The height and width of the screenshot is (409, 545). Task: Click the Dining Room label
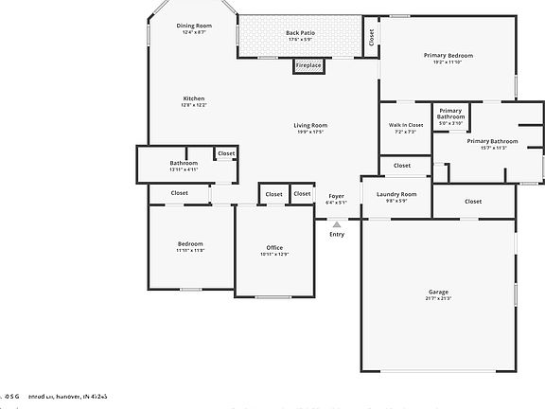click(194, 26)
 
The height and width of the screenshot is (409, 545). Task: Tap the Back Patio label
click(301, 33)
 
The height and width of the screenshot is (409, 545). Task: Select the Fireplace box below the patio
click(308, 65)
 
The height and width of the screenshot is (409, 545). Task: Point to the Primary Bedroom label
click(448, 56)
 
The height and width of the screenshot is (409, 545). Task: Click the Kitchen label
click(194, 98)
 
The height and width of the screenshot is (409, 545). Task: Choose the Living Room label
click(309, 125)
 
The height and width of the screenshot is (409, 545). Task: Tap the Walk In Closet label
click(405, 125)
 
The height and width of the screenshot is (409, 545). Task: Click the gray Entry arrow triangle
click(336, 224)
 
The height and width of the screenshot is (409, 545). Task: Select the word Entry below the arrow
click(337, 234)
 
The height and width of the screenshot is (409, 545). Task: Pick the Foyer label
click(336, 195)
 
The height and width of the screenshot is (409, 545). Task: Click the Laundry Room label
click(396, 194)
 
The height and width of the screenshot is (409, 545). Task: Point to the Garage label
click(438, 292)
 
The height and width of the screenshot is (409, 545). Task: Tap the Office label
click(273, 248)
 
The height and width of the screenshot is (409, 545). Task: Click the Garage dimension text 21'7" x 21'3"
click(438, 299)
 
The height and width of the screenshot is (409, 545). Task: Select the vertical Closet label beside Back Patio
click(372, 36)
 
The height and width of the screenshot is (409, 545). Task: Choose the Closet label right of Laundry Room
click(472, 201)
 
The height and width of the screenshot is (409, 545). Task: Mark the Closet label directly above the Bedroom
click(179, 193)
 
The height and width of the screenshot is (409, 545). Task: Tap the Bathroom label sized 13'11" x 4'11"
click(184, 163)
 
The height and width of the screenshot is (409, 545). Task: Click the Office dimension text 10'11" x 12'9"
click(273, 255)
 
